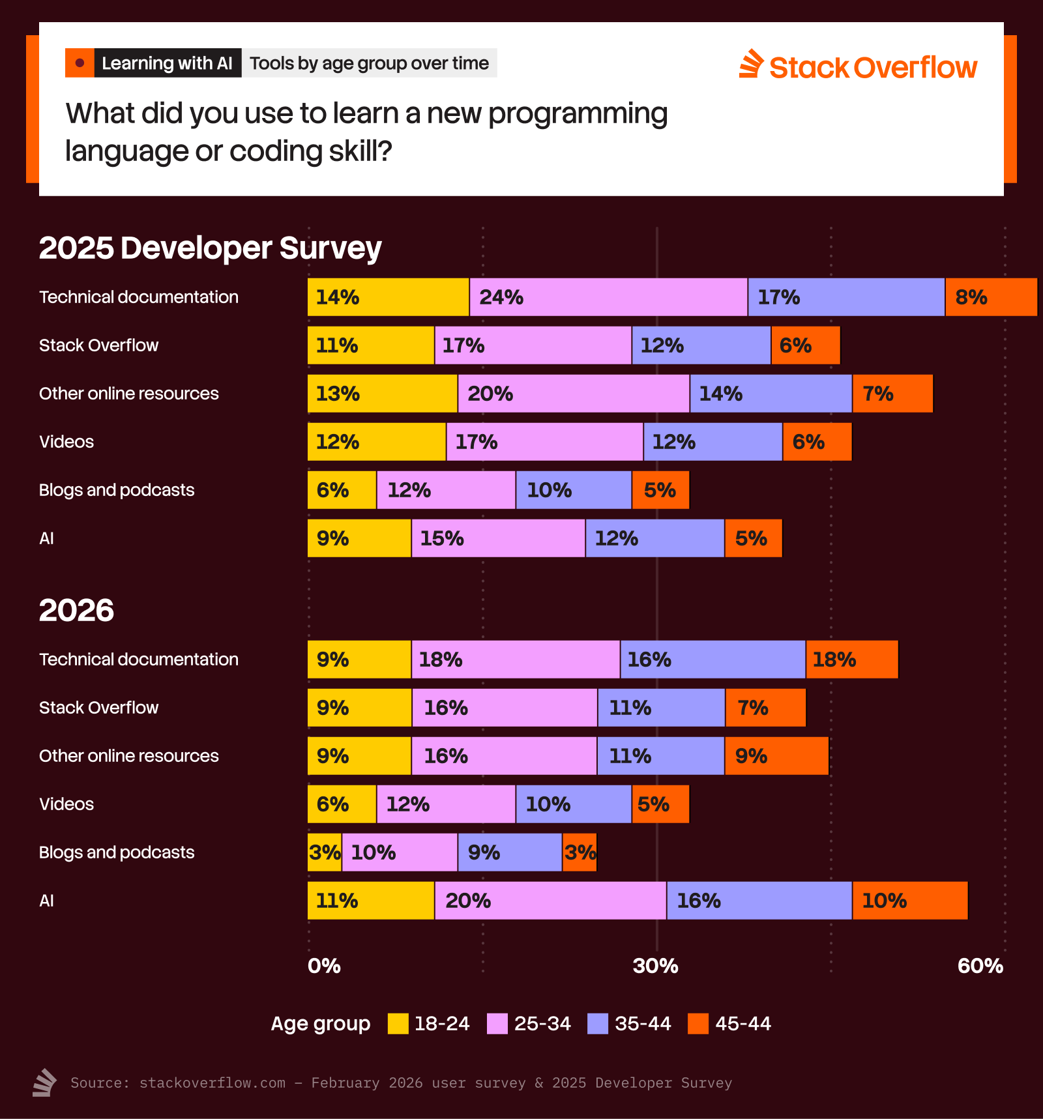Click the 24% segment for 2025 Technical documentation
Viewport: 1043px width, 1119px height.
pyautogui.click(x=608, y=297)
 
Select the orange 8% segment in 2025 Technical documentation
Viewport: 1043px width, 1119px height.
pyautogui.click(x=991, y=297)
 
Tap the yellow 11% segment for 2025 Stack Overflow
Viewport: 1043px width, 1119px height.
pyautogui.click(x=370, y=345)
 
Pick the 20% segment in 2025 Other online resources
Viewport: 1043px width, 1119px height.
pyautogui.click(x=574, y=394)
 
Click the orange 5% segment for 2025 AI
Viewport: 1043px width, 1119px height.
pyautogui.click(x=753, y=538)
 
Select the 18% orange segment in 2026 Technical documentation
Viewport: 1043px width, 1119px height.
pyautogui.click(x=851, y=660)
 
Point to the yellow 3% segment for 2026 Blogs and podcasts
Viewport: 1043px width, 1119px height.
pyautogui.click(x=324, y=852)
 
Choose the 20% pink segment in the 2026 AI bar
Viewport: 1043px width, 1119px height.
pyautogui.click(x=550, y=901)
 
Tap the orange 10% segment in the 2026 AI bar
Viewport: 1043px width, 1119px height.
pyautogui.click(x=909, y=901)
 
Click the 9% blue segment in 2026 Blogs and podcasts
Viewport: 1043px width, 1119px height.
pyautogui.click(x=510, y=852)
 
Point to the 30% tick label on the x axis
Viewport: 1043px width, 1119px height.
pyautogui.click(x=655, y=966)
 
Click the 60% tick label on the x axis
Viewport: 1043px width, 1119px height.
pyautogui.click(x=980, y=966)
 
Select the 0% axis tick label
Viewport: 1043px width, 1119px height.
pyautogui.click(x=324, y=966)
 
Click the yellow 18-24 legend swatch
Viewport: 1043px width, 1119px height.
pyautogui.click(x=398, y=1024)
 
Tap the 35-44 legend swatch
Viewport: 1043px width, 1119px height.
pyautogui.click(x=598, y=1024)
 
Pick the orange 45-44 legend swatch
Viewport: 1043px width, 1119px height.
pyautogui.click(x=698, y=1024)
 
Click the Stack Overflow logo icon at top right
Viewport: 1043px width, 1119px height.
pyautogui.click(x=751, y=65)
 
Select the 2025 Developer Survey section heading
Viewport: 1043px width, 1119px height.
pyautogui.click(x=210, y=248)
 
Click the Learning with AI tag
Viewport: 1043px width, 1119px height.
pyautogui.click(x=167, y=63)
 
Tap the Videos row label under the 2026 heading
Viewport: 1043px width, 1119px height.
pyautogui.click(x=66, y=804)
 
